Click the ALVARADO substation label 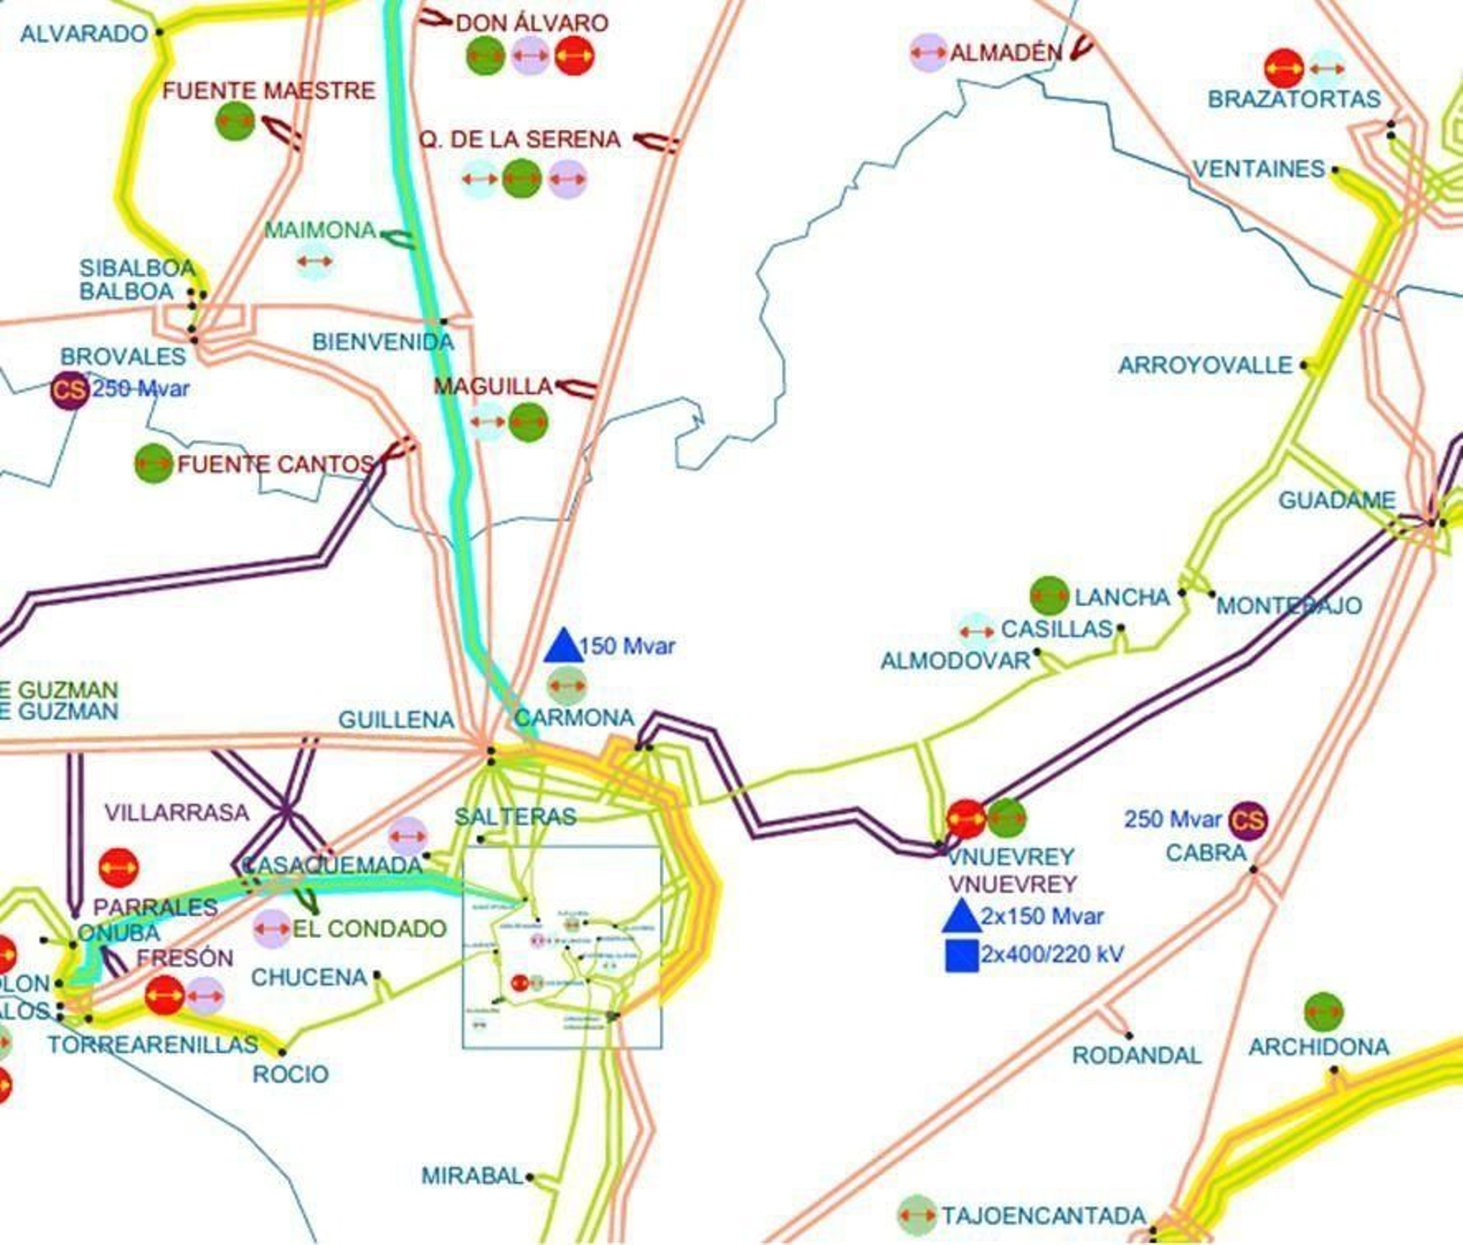tap(84, 34)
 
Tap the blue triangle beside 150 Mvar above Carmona tap(563, 646)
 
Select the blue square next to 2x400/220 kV tap(962, 955)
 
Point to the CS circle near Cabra tap(1247, 820)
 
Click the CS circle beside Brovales tap(69, 390)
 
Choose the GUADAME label tap(1336, 501)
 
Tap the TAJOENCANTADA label tap(1043, 1216)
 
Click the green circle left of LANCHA tap(1049, 596)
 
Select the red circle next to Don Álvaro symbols tap(574, 56)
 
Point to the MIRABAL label tap(472, 1176)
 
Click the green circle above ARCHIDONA tap(1323, 1012)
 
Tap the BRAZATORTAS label tap(1294, 99)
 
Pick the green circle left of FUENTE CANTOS tap(154, 463)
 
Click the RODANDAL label tap(1137, 1056)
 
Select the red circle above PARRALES tap(118, 867)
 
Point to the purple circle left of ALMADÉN tap(928, 53)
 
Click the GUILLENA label tap(396, 720)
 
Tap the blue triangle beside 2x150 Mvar tap(962, 916)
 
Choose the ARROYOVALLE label tap(1205, 366)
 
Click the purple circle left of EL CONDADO tap(272, 929)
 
